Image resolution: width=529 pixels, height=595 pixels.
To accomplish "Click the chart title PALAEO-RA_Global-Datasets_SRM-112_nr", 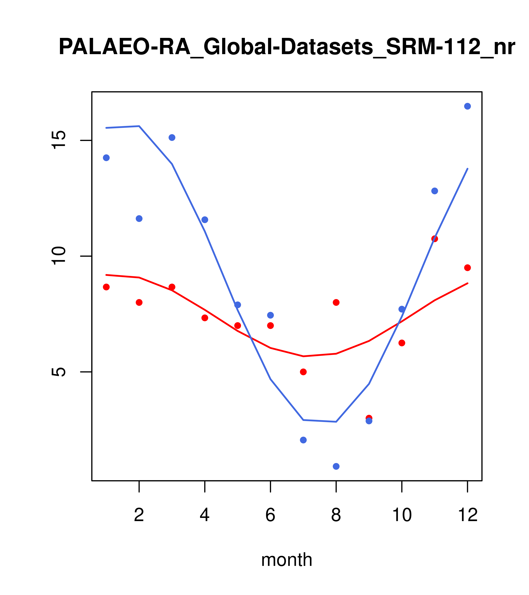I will [287, 47].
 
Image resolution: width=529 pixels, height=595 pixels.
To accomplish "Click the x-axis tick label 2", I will [139, 515].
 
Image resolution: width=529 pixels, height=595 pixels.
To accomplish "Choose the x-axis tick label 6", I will [270, 515].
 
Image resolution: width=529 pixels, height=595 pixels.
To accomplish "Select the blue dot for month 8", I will [336, 466].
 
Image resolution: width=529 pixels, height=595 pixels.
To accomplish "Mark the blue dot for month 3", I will [172, 137].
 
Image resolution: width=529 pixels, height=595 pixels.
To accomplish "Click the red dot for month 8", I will [336, 303].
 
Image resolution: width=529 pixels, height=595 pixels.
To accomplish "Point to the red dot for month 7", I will [303, 372].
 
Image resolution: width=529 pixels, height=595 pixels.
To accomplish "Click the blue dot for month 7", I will [303, 440].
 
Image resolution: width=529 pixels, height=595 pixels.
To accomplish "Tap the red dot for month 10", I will [402, 343].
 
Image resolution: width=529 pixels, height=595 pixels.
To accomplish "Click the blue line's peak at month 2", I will [139, 126].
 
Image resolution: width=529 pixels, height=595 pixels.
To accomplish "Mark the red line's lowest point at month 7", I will [303, 356].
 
